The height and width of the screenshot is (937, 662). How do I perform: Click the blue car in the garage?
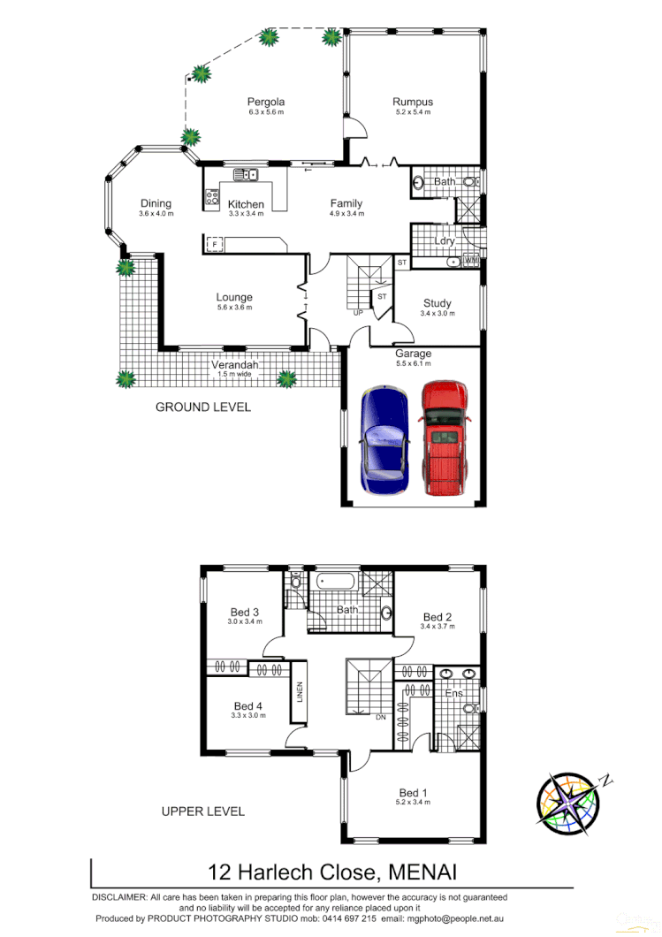pyautogui.click(x=384, y=442)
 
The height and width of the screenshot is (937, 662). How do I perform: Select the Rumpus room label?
pyautogui.click(x=413, y=103)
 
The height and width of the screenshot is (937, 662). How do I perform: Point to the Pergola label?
pyautogui.click(x=265, y=103)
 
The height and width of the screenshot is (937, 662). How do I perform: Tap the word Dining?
pyautogui.click(x=156, y=203)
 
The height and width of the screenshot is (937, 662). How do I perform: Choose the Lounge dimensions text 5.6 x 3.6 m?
pyautogui.click(x=234, y=308)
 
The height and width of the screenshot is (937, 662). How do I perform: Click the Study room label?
pyautogui.click(x=437, y=303)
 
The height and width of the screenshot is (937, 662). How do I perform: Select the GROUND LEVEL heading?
pyautogui.click(x=202, y=408)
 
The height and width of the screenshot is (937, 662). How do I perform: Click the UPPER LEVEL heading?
pyautogui.click(x=202, y=811)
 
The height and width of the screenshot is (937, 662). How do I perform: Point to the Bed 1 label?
pyautogui.click(x=413, y=792)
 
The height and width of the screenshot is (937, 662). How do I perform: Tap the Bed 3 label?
pyautogui.click(x=244, y=612)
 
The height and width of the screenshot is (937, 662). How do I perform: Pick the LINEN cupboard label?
pyautogui.click(x=301, y=689)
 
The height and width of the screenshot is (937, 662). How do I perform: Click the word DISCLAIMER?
pyautogui.click(x=119, y=897)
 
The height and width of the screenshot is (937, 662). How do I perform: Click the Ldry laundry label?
pyautogui.click(x=444, y=240)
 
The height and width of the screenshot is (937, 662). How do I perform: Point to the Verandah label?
pyautogui.click(x=234, y=365)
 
